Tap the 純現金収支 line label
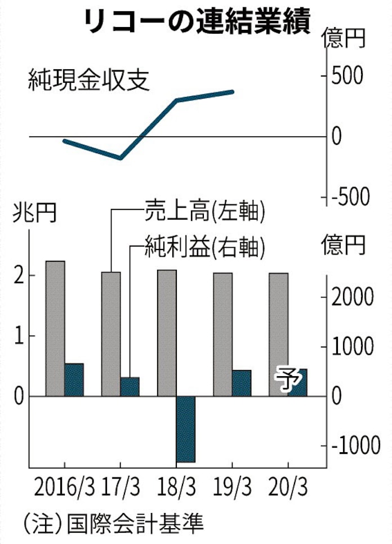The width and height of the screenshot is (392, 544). point(89,81)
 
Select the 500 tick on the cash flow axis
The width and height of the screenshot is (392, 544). point(349,77)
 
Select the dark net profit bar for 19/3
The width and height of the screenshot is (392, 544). point(242,383)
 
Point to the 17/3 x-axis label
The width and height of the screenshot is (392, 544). point(122,486)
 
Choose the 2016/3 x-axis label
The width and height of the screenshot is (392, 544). point(64,486)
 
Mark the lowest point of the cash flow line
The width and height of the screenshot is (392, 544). point(121,158)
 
